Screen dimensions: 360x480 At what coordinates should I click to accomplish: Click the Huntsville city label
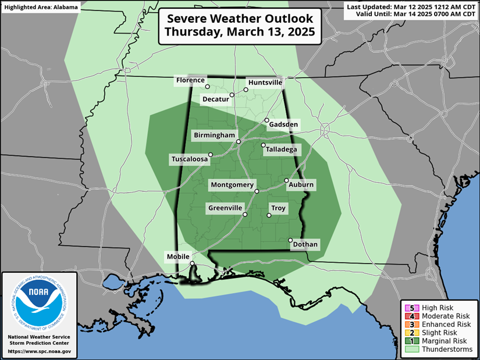(265, 83)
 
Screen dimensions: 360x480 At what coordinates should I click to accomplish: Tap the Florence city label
(191, 80)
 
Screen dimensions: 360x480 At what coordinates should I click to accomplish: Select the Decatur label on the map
(215, 99)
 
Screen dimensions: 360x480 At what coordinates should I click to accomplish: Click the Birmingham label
(215, 136)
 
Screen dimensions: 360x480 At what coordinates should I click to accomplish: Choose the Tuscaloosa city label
(189, 159)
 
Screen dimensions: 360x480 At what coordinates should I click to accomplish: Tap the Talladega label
(282, 149)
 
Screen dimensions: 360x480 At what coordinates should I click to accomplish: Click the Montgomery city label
(232, 185)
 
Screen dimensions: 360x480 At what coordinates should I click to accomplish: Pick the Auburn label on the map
(301, 185)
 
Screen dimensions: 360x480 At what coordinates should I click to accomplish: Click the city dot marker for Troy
(269, 216)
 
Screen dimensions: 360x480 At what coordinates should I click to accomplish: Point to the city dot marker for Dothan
(290, 240)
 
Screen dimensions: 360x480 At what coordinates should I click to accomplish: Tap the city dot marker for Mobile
(192, 263)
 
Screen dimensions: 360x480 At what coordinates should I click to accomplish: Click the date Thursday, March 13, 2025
(240, 33)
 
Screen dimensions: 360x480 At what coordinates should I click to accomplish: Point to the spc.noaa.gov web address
(40, 351)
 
